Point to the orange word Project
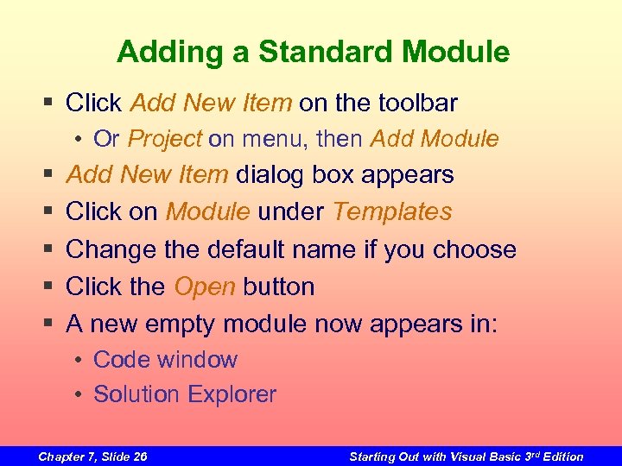[x=164, y=138]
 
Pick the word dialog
[x=271, y=174]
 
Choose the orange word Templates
[x=392, y=211]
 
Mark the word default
[x=247, y=249]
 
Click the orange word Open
[x=205, y=287]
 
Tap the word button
[x=279, y=287]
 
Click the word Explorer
[x=232, y=394]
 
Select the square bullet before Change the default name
[x=48, y=250]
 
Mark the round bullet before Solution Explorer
[x=78, y=395]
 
